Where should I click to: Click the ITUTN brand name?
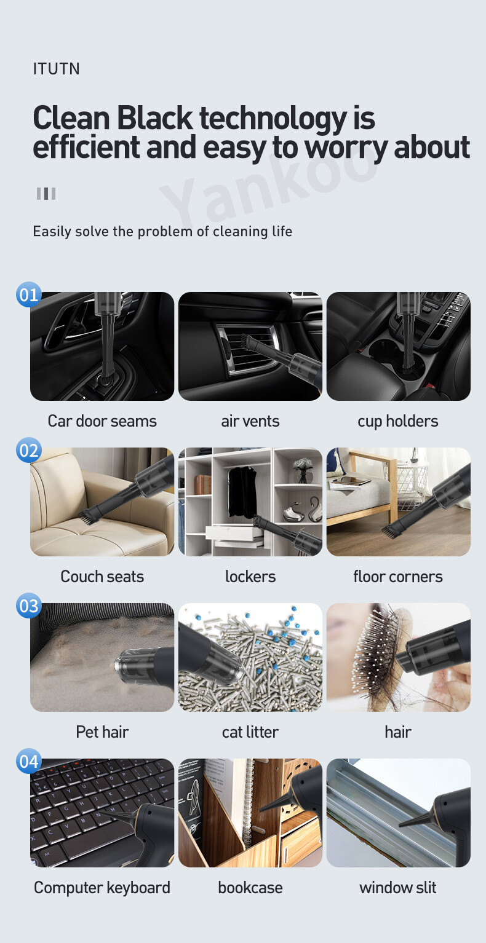pyautogui.click(x=57, y=69)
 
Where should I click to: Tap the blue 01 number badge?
pyautogui.click(x=29, y=294)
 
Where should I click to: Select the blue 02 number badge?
pyautogui.click(x=29, y=450)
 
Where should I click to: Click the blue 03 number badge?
pyautogui.click(x=29, y=606)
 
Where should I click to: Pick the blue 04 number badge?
pyautogui.click(x=29, y=761)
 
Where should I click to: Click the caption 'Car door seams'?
pyautogui.click(x=102, y=421)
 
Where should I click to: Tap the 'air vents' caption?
pyautogui.click(x=250, y=421)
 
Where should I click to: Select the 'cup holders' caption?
pyautogui.click(x=398, y=422)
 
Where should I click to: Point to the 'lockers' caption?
pyautogui.click(x=250, y=577)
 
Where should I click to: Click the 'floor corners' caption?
pyautogui.click(x=398, y=577)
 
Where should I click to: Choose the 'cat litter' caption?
pyautogui.click(x=250, y=732)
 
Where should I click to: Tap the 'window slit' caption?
pyautogui.click(x=398, y=888)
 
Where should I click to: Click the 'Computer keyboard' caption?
pyautogui.click(x=102, y=888)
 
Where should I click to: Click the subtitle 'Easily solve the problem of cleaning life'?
pyautogui.click(x=162, y=232)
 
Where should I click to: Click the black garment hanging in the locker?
pyautogui.click(x=242, y=492)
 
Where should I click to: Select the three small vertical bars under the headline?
pyautogui.click(x=46, y=194)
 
